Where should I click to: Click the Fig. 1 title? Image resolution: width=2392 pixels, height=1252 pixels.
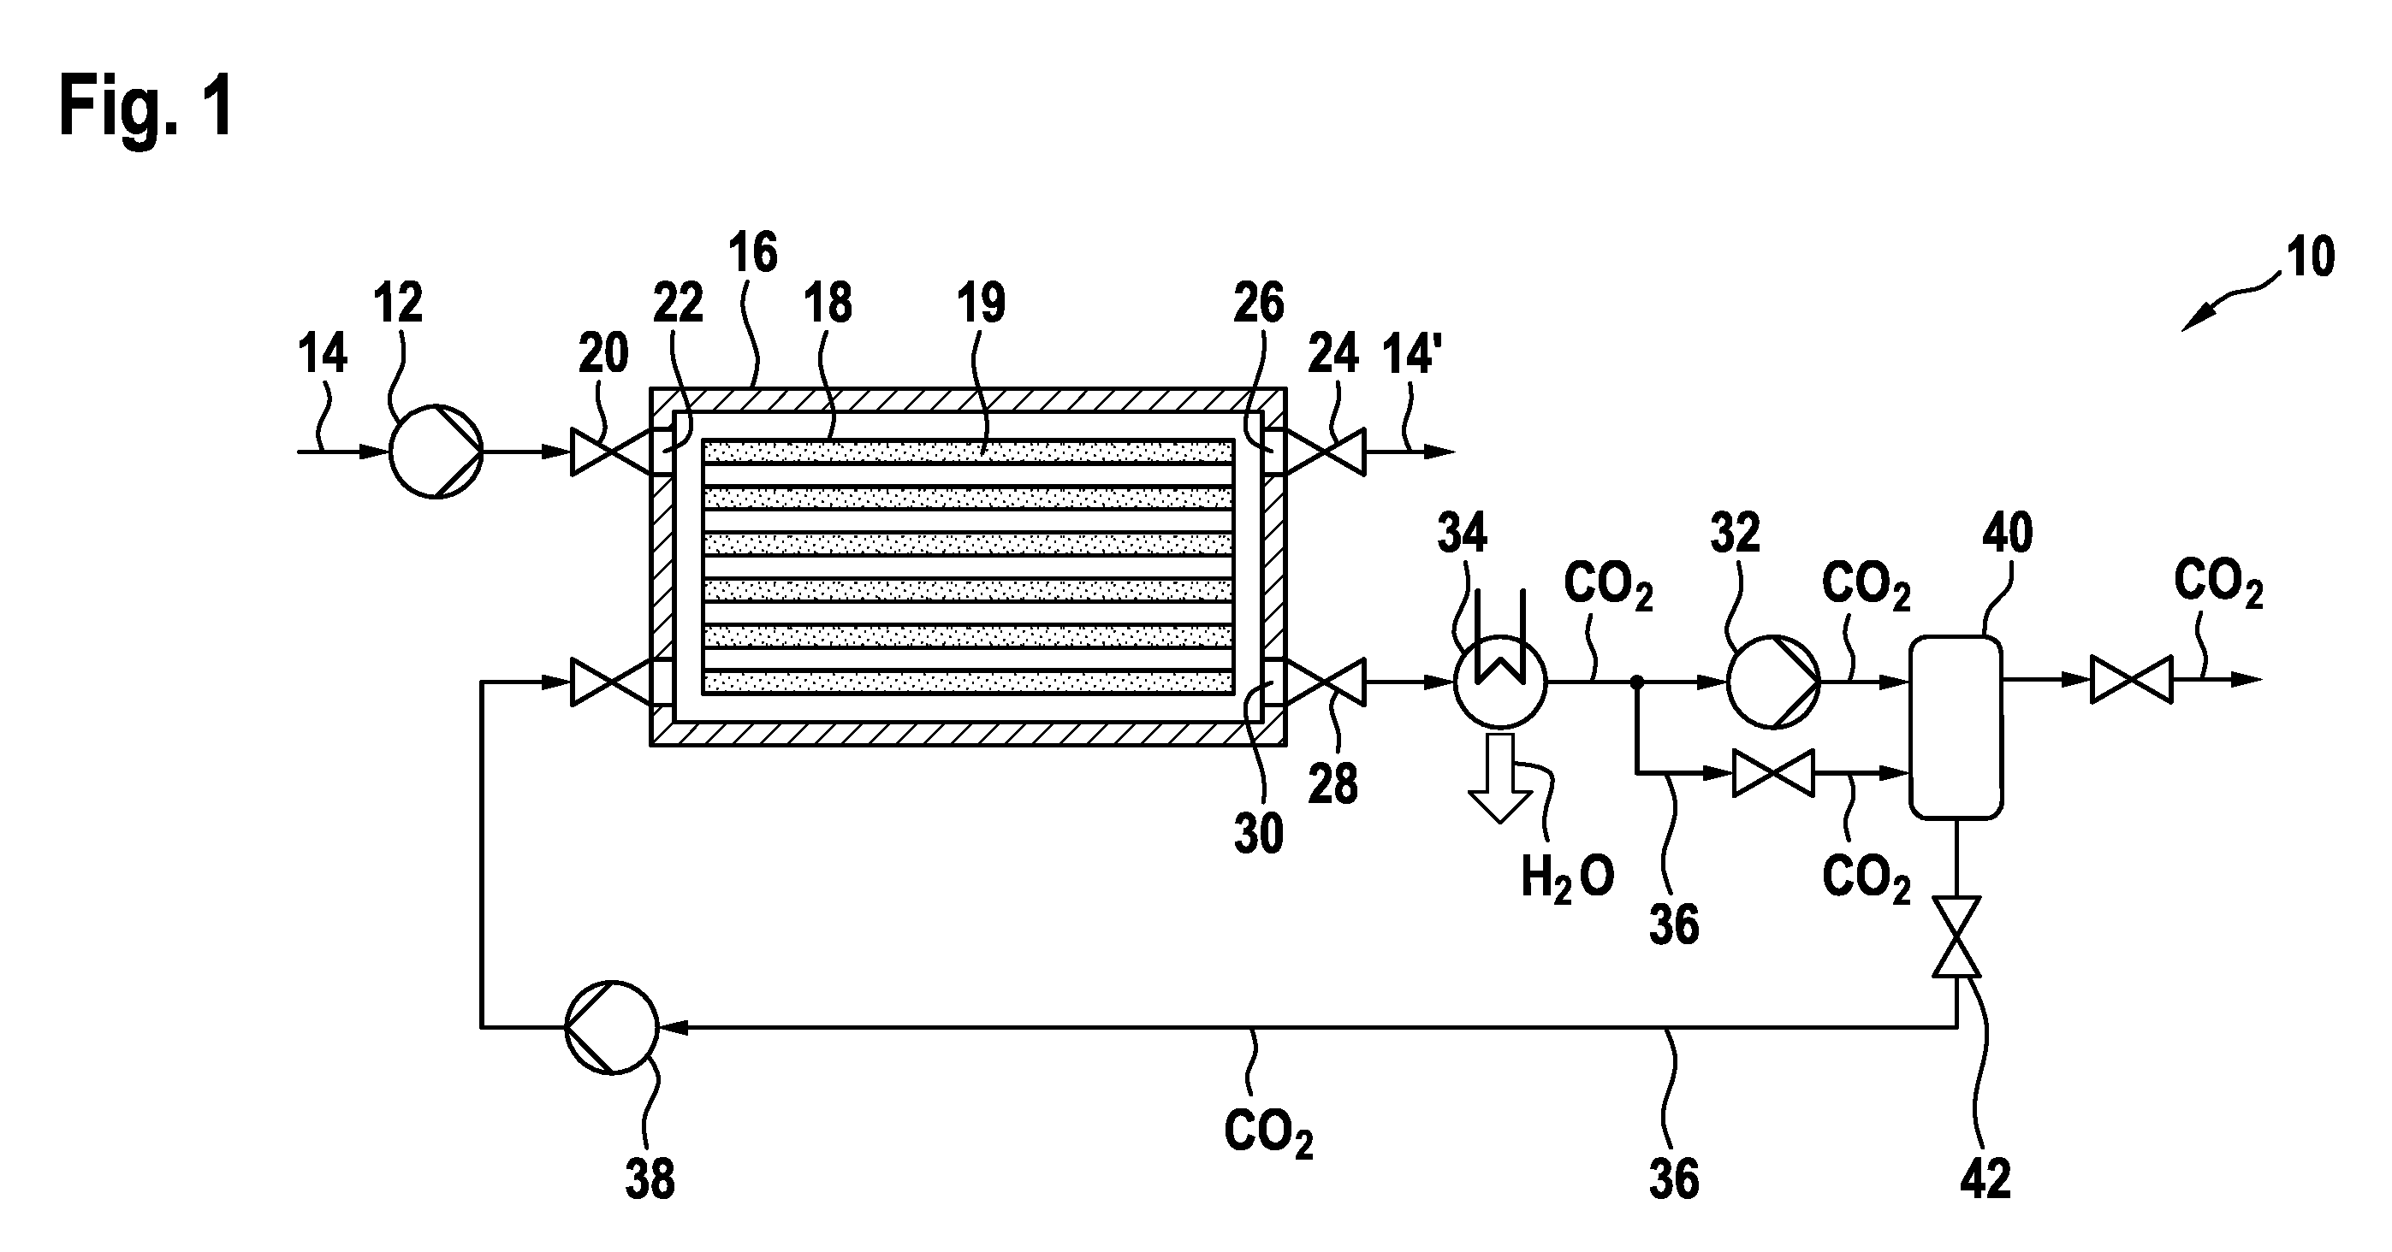click(145, 107)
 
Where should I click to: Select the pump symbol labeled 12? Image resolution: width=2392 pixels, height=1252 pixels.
click(436, 452)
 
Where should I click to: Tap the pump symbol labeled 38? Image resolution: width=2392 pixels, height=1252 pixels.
click(612, 1026)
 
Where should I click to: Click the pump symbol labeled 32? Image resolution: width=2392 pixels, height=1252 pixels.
click(1772, 682)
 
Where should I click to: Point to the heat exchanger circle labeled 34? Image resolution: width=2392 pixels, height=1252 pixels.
click(1499, 682)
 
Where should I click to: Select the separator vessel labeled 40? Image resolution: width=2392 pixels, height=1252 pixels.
click(1956, 727)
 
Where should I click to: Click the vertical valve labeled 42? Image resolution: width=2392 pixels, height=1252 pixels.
click(1956, 936)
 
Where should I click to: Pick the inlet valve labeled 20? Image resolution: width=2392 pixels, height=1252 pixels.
click(611, 452)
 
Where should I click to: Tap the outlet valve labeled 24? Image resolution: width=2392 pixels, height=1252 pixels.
click(1325, 452)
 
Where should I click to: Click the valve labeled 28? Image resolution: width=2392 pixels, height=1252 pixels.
click(1325, 682)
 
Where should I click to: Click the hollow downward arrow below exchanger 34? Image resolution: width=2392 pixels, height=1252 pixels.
click(1499, 777)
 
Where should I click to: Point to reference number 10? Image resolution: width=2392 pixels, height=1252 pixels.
click(2309, 257)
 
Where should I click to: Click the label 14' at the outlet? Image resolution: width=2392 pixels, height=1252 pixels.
click(1409, 353)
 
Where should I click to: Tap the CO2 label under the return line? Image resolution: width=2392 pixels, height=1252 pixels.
click(1268, 1132)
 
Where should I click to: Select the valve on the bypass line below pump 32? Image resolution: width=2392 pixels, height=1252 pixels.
click(1773, 773)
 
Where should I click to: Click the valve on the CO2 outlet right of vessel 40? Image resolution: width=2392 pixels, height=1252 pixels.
click(2131, 679)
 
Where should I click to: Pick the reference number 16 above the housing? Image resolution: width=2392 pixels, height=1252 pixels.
click(752, 252)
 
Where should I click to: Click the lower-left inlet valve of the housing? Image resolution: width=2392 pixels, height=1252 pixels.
click(611, 682)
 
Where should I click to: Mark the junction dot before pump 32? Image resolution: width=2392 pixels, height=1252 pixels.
click(1637, 682)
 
